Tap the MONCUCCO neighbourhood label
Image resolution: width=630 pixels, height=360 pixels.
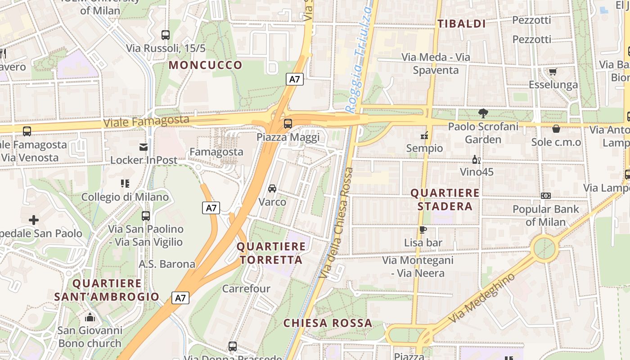[206, 65]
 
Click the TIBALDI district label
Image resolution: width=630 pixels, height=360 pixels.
[462, 24]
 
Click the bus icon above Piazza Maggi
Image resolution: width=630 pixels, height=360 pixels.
[288, 123]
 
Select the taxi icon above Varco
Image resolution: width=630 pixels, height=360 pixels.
[272, 188]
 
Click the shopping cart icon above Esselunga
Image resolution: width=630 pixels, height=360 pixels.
[553, 72]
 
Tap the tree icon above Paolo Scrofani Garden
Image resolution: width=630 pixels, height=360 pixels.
[483, 113]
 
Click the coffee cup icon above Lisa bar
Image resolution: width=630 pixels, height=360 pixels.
[423, 229]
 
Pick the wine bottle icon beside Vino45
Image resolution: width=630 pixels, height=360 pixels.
[476, 159]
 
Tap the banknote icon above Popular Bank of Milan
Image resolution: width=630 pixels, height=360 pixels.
[545, 196]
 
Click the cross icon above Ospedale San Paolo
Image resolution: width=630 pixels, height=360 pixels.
[34, 220]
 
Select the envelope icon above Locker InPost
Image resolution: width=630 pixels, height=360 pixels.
[144, 147]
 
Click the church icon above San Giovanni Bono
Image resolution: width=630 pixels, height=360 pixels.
[90, 317]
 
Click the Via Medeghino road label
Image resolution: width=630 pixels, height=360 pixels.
[482, 298]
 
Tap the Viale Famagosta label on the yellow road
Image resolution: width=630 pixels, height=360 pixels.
[147, 121]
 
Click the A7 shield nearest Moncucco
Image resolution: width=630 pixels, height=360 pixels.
[295, 79]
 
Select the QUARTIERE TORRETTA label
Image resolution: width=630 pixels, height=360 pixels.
[271, 253]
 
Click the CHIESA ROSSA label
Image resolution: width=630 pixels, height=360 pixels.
[328, 323]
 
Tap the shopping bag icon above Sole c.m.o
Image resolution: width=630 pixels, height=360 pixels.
[556, 129]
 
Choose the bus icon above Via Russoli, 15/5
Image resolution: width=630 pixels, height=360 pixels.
[166, 35]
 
